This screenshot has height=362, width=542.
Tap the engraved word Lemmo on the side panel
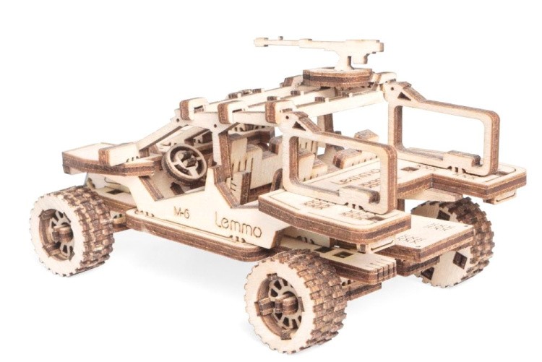(x=238, y=225)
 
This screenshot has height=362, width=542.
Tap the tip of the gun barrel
(x=256, y=43)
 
